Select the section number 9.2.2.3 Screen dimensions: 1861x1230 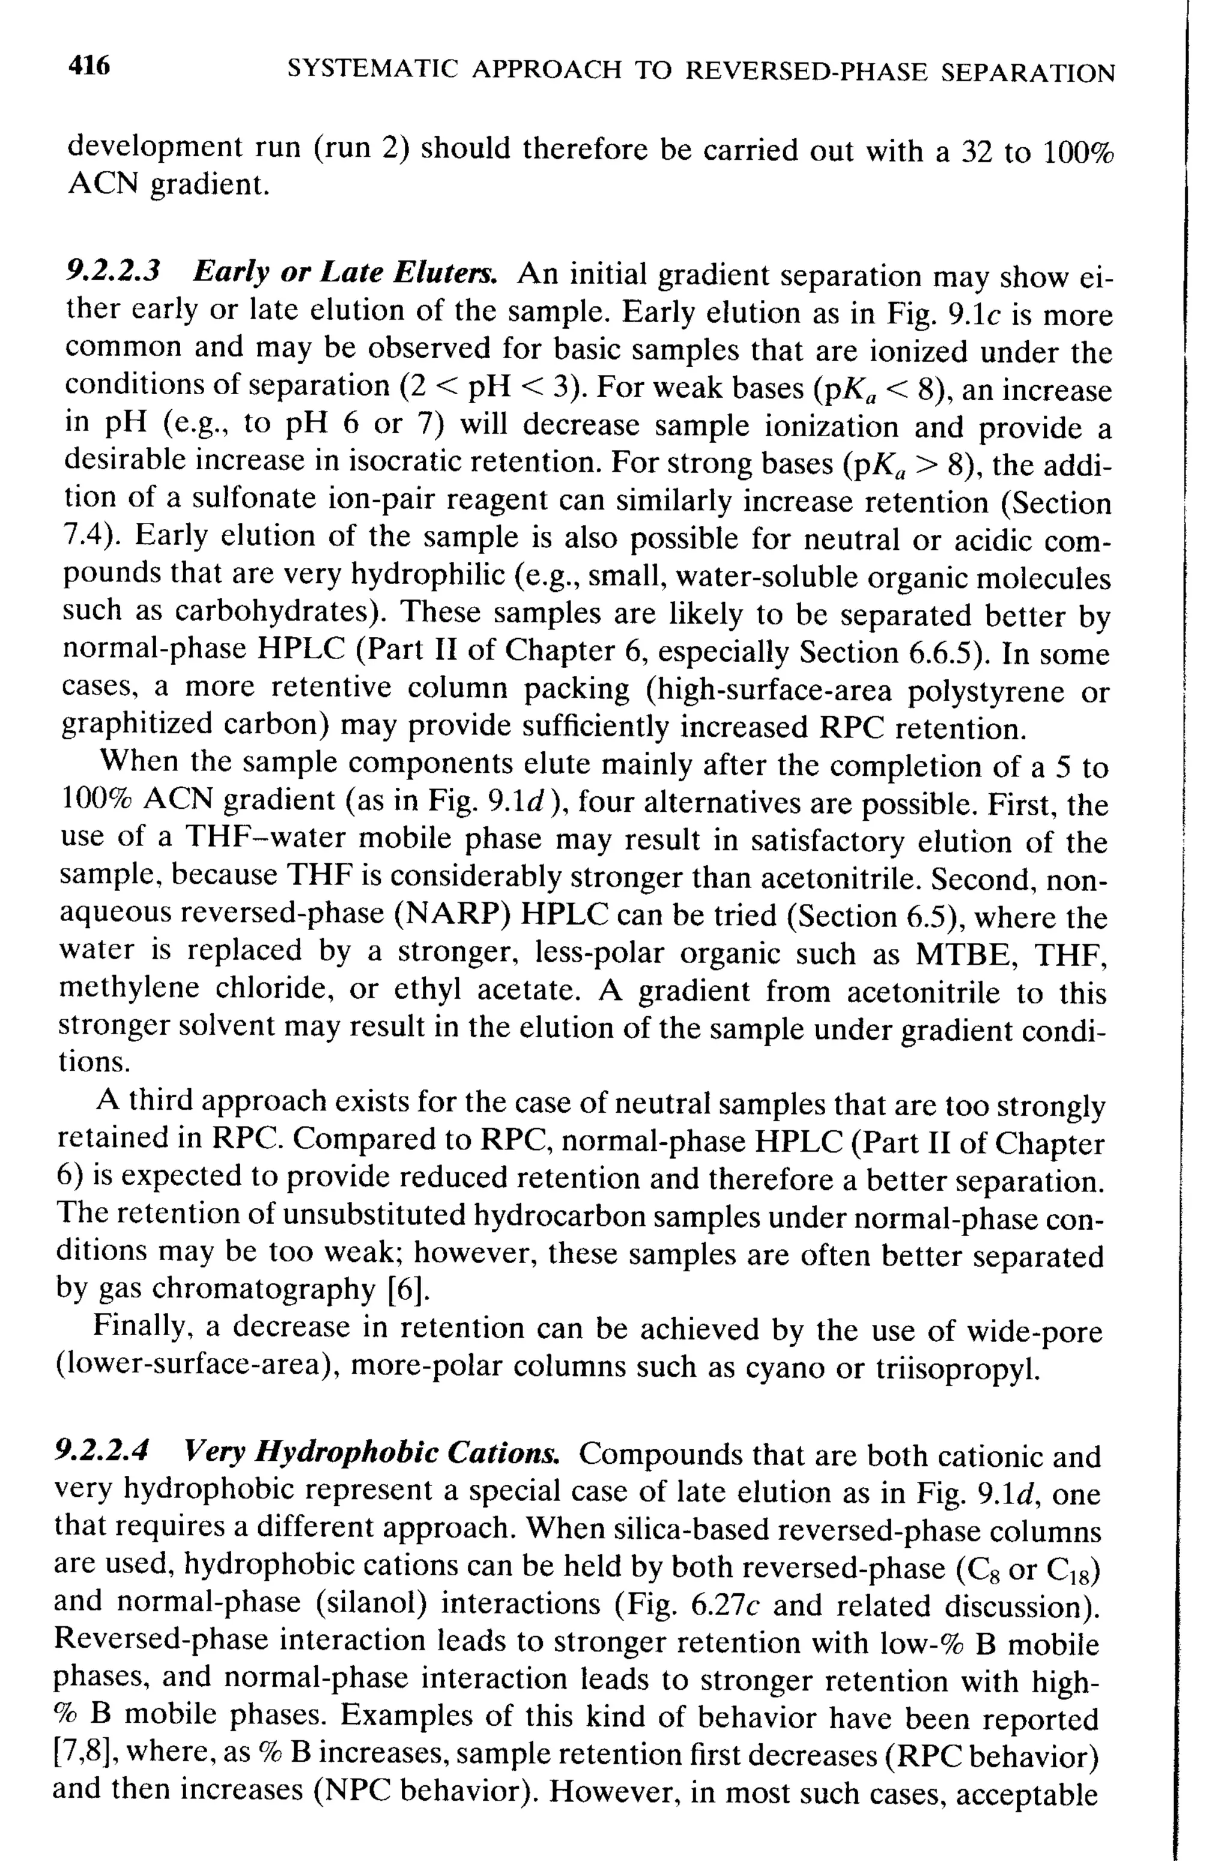point(113,272)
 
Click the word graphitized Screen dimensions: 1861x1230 point(135,725)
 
